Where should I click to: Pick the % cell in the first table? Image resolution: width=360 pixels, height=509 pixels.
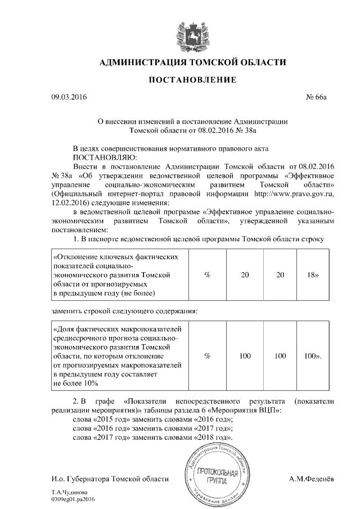pyautogui.click(x=207, y=275)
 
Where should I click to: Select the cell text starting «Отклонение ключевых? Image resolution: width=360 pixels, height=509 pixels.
pyautogui.click(x=116, y=275)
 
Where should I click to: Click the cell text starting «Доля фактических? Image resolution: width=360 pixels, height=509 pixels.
pyautogui.click(x=118, y=355)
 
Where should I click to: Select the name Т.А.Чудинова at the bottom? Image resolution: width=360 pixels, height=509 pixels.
pyautogui.click(x=67, y=492)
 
